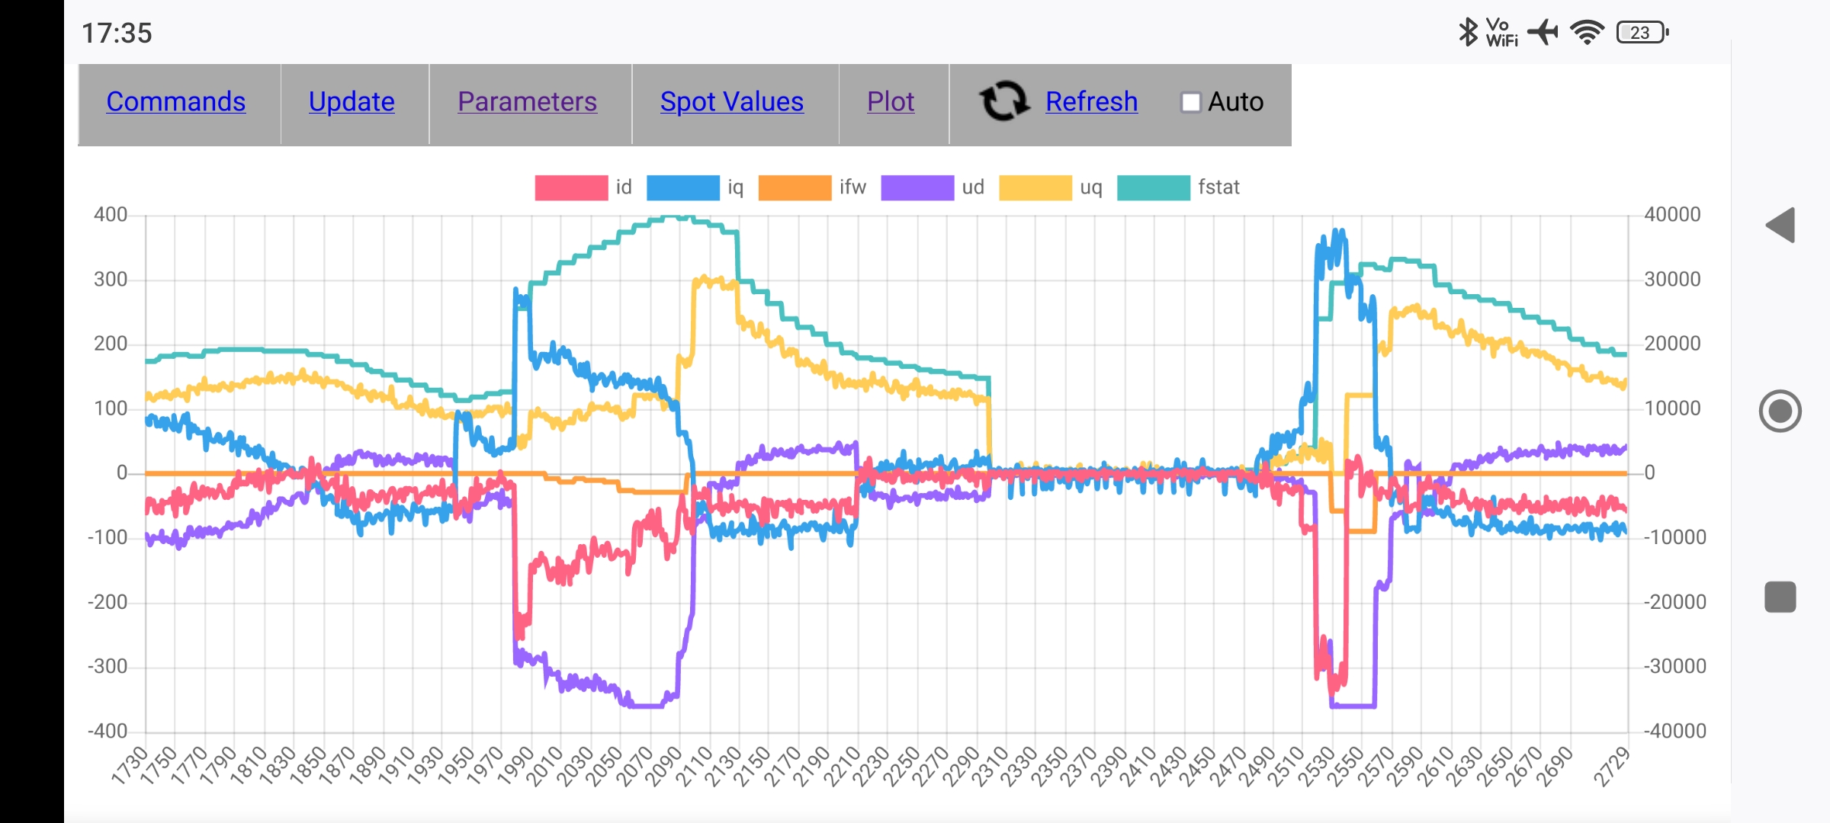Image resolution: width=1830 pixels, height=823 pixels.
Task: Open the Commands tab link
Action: point(175,102)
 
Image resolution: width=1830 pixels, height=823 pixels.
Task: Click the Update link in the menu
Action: point(352,102)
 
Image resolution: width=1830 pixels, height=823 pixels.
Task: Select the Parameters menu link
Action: point(527,102)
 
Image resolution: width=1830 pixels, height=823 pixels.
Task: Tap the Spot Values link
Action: point(731,102)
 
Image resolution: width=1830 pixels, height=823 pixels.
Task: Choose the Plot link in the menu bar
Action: point(890,102)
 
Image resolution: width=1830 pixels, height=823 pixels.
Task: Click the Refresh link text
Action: point(1091,102)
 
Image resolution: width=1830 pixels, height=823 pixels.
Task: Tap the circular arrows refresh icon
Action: point(1004,101)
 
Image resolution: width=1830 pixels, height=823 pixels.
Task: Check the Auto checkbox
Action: point(1190,102)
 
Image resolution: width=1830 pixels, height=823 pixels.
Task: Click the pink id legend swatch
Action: point(571,187)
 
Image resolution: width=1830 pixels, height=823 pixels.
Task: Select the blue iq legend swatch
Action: point(682,187)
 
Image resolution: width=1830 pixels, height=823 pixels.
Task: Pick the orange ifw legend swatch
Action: point(795,187)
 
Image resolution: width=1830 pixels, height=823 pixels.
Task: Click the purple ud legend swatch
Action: point(917,187)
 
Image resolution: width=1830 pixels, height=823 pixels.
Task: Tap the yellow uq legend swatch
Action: point(1035,187)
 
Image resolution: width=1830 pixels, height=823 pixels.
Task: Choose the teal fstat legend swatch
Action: point(1153,187)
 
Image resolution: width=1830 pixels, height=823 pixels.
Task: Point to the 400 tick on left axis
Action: point(111,215)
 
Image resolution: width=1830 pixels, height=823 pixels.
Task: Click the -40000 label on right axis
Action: point(1674,732)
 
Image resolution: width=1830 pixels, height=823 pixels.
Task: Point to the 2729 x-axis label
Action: point(1610,767)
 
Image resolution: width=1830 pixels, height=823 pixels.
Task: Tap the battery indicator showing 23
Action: point(1642,33)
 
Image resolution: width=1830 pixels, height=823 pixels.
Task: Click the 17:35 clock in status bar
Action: point(117,34)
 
